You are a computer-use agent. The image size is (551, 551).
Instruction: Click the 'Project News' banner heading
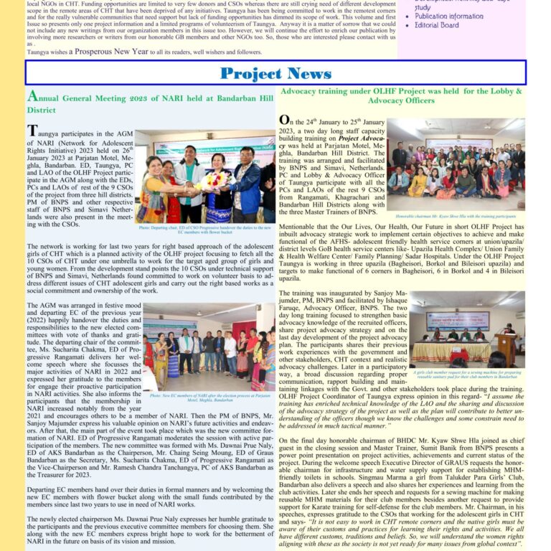275,73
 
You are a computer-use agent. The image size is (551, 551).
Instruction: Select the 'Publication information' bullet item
448,16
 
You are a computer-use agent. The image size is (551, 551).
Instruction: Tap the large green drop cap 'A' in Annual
32,97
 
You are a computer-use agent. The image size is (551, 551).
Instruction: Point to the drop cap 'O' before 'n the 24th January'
285,121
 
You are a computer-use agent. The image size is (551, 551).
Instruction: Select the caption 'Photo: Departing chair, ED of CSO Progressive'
204,230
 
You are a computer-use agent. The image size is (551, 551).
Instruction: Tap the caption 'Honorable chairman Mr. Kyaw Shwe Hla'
456,215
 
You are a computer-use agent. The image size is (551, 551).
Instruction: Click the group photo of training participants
456,164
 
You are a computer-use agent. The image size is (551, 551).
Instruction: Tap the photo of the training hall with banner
467,329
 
